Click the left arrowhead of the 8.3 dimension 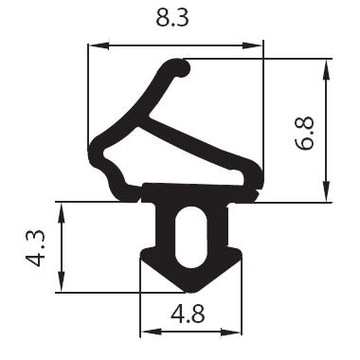(96, 44)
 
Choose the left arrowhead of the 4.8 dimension (143, 331)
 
